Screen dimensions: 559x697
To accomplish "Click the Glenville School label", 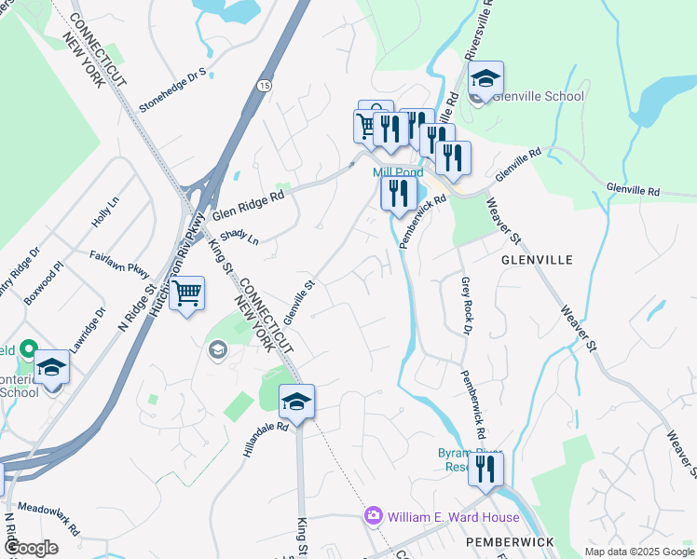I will (x=539, y=96).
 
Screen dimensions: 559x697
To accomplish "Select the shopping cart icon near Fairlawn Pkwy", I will (x=188, y=294).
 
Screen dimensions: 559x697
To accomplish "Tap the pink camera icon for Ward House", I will (x=374, y=514).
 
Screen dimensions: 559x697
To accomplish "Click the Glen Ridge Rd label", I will (x=247, y=204).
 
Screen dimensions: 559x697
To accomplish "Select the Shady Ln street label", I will (x=240, y=238).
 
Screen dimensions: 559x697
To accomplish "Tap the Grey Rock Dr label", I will (x=466, y=305).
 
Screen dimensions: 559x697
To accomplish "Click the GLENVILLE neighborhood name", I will (x=536, y=259).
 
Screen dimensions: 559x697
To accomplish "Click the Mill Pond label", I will (x=398, y=172).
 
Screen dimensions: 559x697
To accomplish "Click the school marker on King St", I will (x=296, y=402).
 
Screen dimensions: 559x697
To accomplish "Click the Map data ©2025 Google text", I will (x=637, y=552).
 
